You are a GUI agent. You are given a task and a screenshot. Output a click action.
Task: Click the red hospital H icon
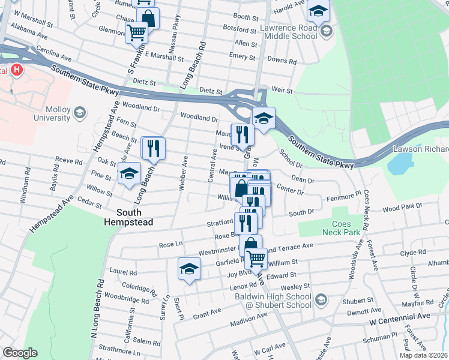(x=16, y=70)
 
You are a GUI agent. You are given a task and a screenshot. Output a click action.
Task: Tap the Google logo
(x=20, y=353)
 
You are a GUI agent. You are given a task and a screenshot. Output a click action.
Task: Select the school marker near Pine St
(x=129, y=174)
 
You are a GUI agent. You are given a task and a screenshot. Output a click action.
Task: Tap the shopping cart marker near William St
(x=256, y=259)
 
